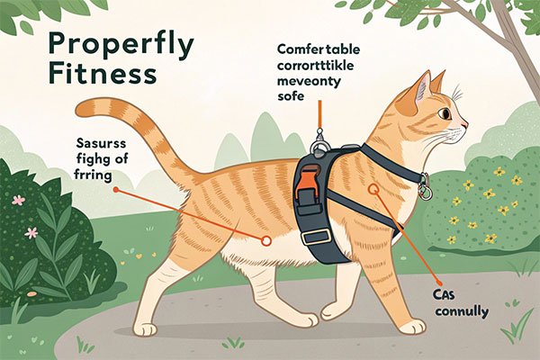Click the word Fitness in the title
[x=103, y=74]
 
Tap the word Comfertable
[x=319, y=49]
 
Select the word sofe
[x=291, y=95]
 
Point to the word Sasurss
[x=101, y=143]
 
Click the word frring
[x=93, y=175]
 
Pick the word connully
[x=462, y=312]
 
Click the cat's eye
[x=445, y=113]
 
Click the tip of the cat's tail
[x=79, y=110]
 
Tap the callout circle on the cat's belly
[x=265, y=240]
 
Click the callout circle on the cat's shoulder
[x=373, y=188]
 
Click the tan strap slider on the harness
[x=316, y=237]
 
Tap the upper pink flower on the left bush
[x=18, y=200]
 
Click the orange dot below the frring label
[x=116, y=190]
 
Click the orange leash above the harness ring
[x=319, y=114]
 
